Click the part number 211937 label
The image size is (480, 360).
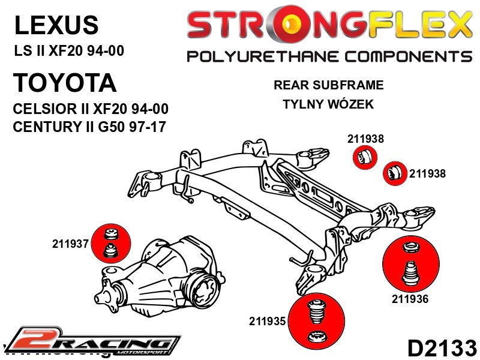click(70, 244)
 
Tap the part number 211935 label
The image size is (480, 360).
click(268, 321)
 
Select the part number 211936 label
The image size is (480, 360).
click(410, 299)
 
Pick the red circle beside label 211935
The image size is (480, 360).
click(314, 324)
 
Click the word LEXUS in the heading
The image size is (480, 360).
click(56, 25)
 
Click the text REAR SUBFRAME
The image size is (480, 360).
click(328, 85)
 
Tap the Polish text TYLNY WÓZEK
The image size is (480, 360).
click(328, 104)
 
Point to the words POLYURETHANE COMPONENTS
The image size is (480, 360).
click(329, 57)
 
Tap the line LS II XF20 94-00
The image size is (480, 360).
click(69, 51)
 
